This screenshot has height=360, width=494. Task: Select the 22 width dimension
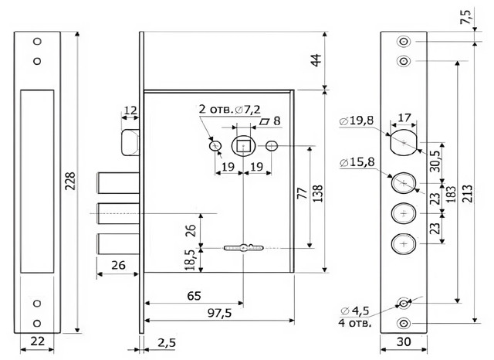36,341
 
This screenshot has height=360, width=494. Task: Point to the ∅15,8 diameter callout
357,161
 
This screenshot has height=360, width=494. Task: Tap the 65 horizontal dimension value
195,294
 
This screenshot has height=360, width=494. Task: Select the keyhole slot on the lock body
244,248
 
